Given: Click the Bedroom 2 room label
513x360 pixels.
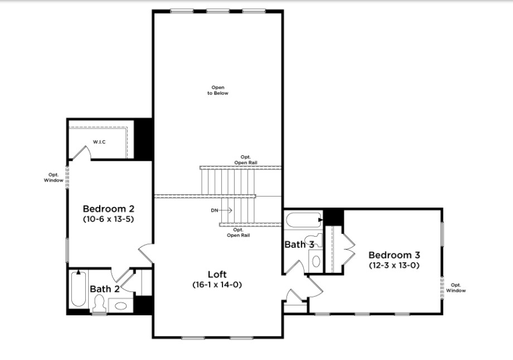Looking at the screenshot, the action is click(109, 209).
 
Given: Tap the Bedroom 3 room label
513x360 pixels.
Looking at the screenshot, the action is click(394, 255).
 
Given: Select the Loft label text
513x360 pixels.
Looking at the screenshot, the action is click(217, 274).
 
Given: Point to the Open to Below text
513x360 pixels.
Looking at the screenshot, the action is click(218, 90).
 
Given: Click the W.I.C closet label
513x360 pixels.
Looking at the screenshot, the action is click(99, 142).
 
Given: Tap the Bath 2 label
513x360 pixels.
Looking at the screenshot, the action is click(105, 289).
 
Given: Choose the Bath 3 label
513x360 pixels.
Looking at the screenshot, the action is click(299, 244).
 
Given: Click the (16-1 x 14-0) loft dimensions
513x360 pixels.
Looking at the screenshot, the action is click(217, 285).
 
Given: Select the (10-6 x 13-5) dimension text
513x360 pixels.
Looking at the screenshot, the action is click(109, 219).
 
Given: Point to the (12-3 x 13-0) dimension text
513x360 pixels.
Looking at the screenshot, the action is click(394, 265).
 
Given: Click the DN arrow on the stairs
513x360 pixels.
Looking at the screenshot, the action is click(226, 210).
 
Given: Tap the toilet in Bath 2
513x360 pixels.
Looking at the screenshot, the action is click(99, 304).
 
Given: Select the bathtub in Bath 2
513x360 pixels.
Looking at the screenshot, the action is click(79, 289).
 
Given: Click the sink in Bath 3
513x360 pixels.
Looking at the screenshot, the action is click(316, 261).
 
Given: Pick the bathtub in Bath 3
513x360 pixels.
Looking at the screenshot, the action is click(303, 220).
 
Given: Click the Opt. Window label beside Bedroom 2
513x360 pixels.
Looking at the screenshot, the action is click(54, 177).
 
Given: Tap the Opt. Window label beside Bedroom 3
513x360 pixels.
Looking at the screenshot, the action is click(456, 287).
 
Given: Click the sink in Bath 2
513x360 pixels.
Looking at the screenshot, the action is click(121, 306).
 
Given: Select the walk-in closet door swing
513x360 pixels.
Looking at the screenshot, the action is click(81, 152).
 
